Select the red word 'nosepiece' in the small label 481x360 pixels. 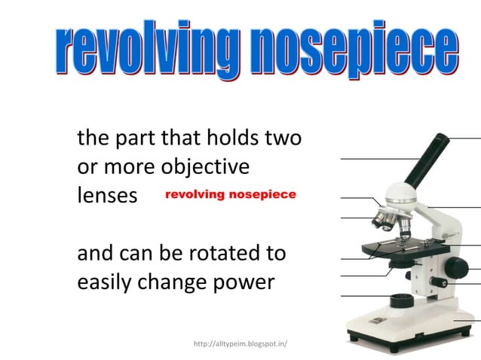[264, 194]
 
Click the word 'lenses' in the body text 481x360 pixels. [107, 195]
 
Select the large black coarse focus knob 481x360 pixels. [455, 267]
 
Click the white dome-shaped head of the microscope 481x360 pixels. [402, 198]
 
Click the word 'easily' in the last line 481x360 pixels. [107, 284]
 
